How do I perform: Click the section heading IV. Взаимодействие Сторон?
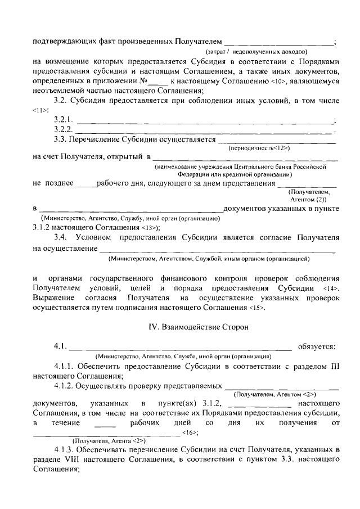coord(180,326)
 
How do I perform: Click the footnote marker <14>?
coord(332,288)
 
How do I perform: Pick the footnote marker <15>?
coord(256,308)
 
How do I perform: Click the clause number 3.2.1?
coord(64,120)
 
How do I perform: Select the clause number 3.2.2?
coord(64,130)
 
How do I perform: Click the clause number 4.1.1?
coord(65,367)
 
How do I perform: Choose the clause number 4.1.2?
coord(65,387)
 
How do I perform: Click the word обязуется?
coord(318,345)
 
